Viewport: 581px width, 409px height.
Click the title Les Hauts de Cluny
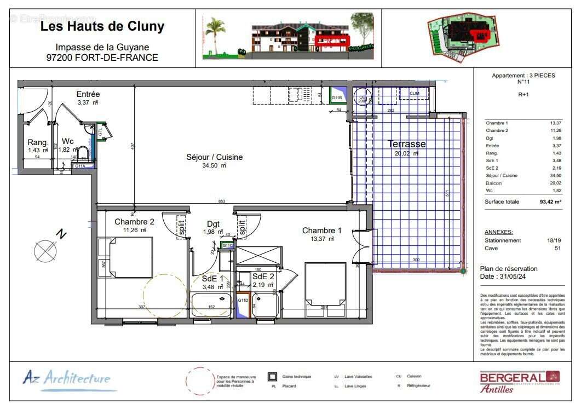point(102,26)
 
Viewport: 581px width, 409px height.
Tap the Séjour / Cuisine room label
point(206,157)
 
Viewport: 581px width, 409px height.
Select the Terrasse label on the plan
point(407,144)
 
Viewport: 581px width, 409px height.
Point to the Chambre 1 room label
point(321,231)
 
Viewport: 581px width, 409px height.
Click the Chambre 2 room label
point(134,222)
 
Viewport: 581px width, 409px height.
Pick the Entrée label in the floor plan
point(88,95)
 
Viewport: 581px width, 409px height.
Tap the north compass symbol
point(45,251)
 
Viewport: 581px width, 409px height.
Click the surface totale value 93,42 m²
point(550,201)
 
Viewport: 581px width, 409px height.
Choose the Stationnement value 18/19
point(554,240)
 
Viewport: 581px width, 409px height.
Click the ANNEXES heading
point(498,232)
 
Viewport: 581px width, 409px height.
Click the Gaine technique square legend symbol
point(272,377)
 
